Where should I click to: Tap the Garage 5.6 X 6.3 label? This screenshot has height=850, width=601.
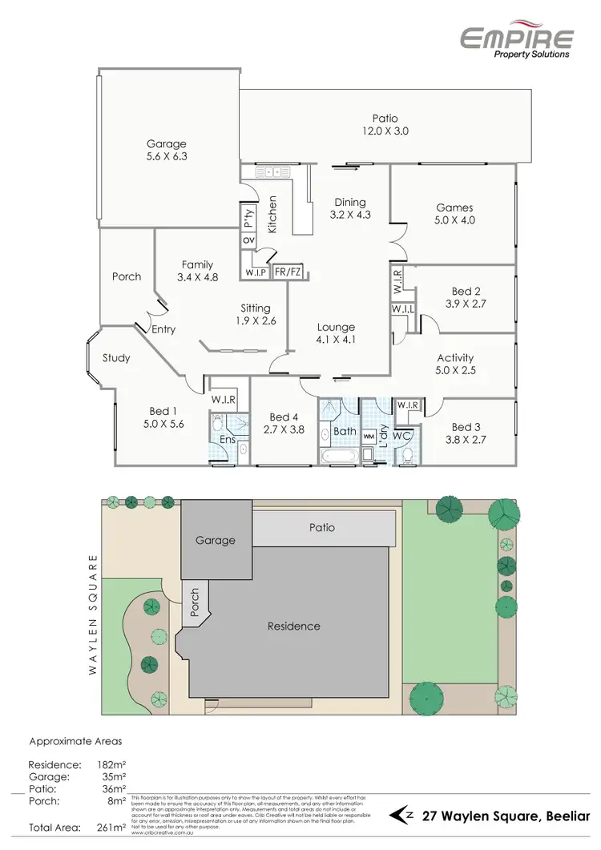(x=166, y=151)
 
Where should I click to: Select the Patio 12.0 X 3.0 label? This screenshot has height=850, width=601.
(x=385, y=125)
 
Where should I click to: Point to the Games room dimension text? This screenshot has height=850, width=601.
(x=455, y=219)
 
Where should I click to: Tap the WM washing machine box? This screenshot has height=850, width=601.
(x=369, y=437)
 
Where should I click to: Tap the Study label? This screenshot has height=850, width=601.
(x=116, y=358)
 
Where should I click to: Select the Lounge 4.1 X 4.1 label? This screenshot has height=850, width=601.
(x=336, y=333)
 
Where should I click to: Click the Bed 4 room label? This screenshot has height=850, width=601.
(x=284, y=423)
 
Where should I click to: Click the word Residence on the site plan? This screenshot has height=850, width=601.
(x=294, y=626)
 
